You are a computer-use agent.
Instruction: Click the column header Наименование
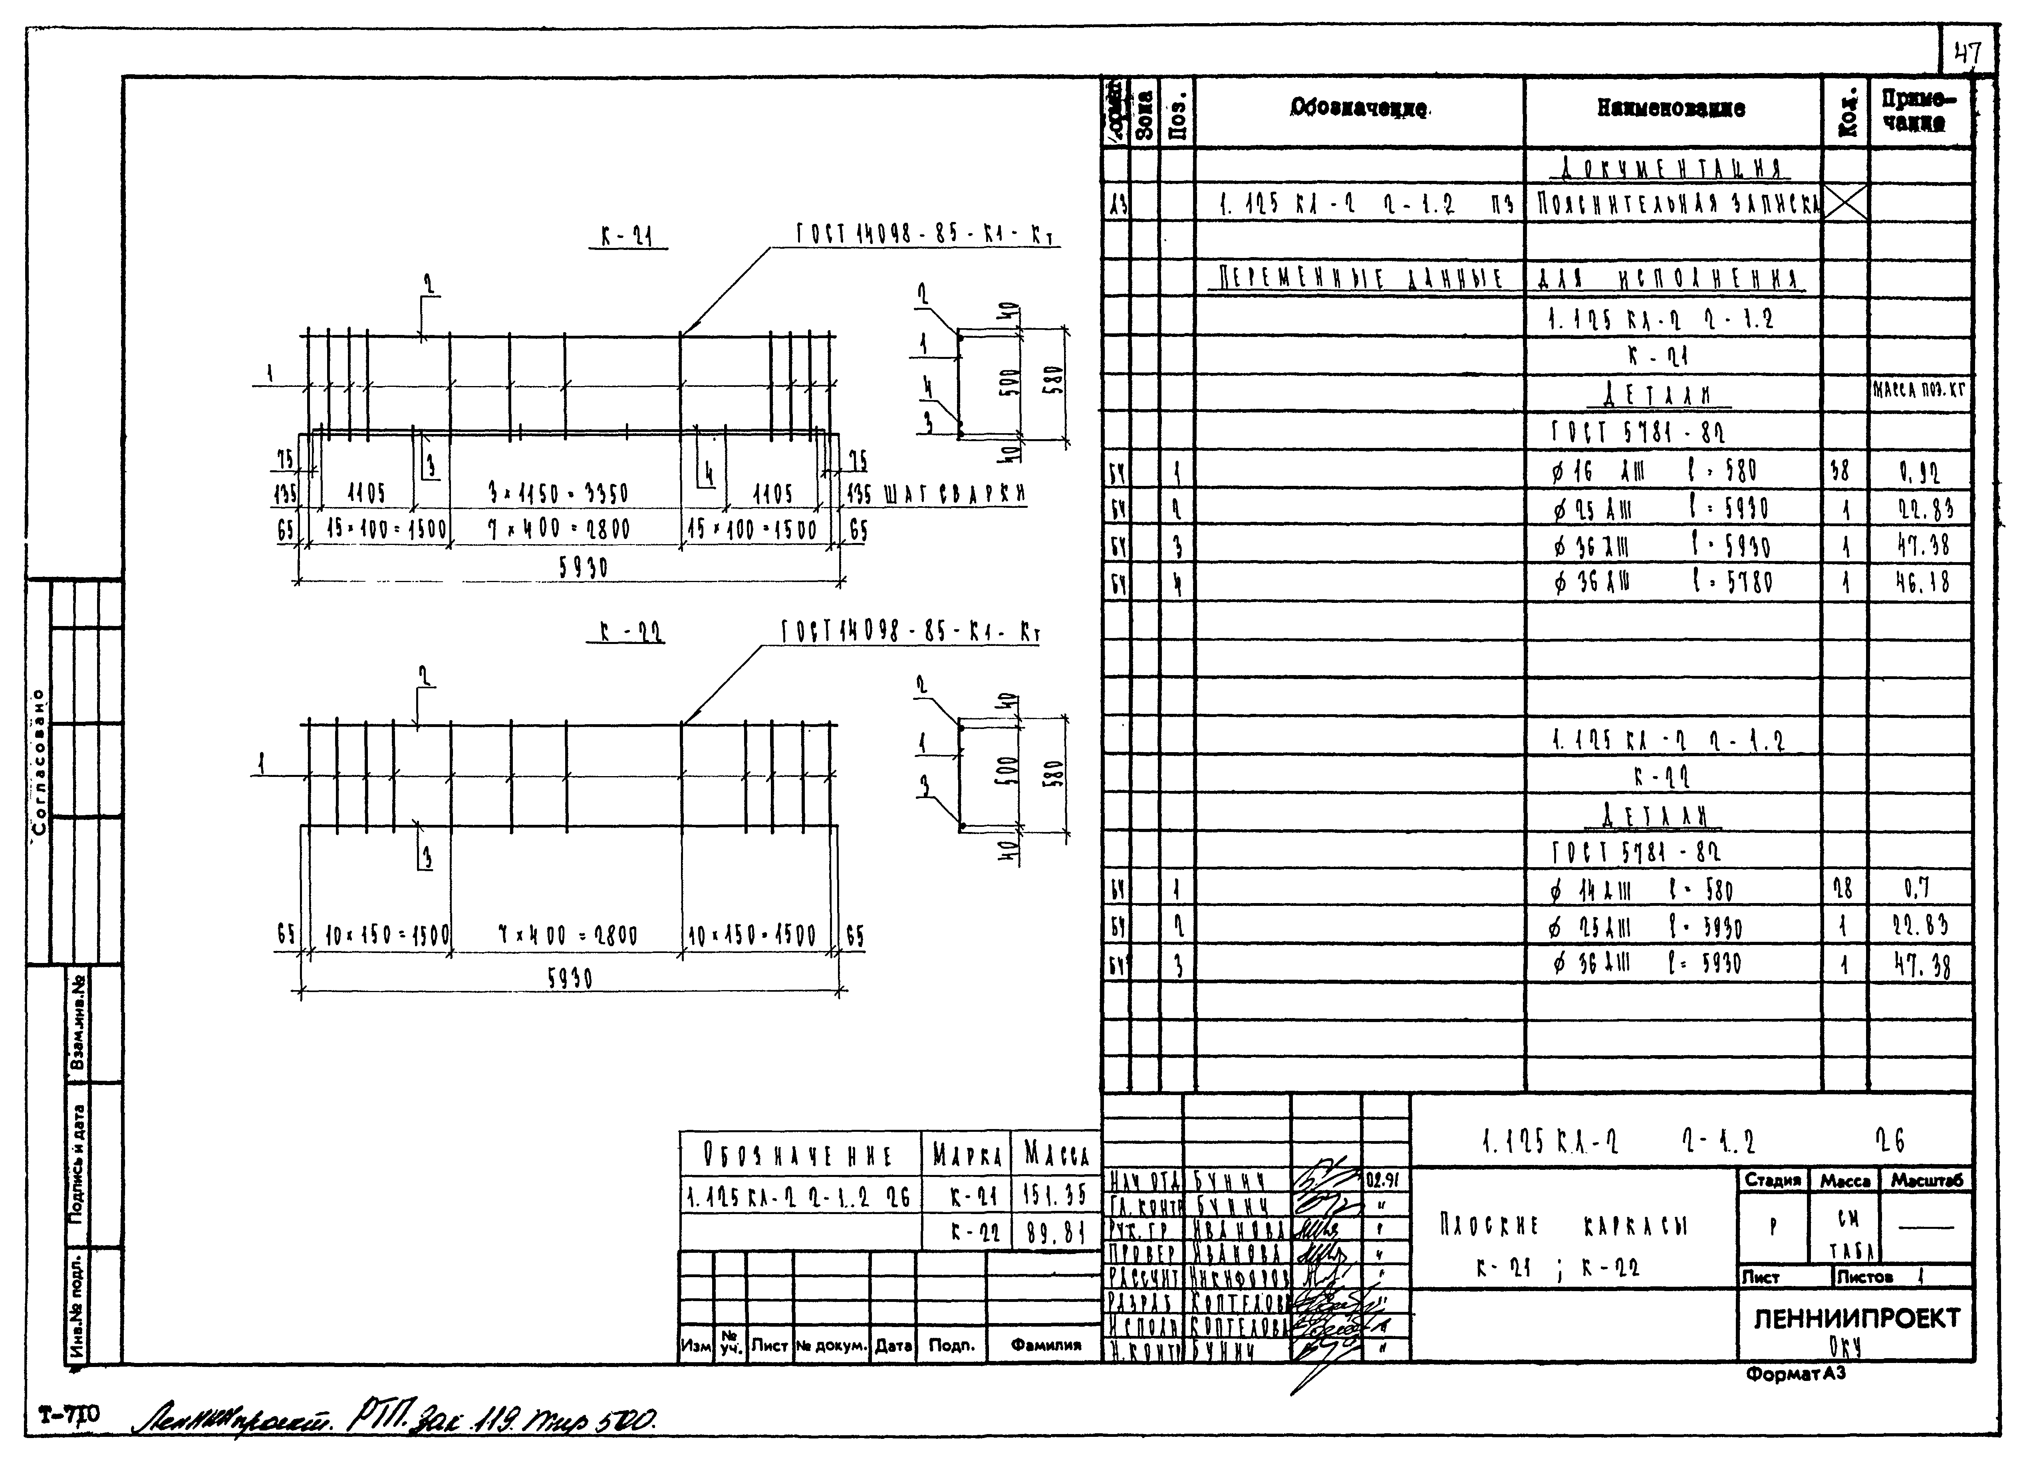coord(1671,109)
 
